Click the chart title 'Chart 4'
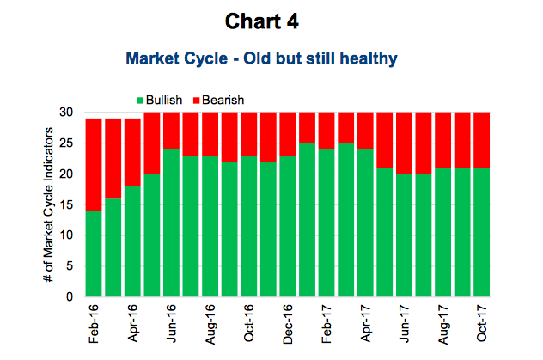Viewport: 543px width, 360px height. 261,21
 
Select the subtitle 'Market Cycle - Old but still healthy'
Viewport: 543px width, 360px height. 261,58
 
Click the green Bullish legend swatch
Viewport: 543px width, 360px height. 140,101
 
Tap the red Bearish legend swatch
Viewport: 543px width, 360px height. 197,101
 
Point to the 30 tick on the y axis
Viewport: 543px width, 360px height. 66,113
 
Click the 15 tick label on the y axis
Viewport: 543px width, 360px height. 66,204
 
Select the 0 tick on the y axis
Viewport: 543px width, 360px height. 70,296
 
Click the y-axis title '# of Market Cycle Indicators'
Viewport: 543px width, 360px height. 48,204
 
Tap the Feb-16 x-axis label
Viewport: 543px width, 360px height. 94,324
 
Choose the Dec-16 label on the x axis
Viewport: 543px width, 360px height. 288,324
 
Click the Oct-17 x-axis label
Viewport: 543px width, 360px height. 482,323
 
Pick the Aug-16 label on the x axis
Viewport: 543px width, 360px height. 210,325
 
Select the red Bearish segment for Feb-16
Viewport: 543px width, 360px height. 94,164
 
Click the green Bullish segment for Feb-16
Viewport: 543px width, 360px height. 94,253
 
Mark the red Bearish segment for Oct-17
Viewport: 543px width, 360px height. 482,140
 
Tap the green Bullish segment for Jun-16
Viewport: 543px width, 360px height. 171,223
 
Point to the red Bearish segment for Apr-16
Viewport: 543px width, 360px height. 132,152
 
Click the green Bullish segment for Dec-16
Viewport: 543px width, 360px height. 288,226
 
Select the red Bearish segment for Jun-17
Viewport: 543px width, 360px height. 404,143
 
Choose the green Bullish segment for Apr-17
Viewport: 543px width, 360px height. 365,223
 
